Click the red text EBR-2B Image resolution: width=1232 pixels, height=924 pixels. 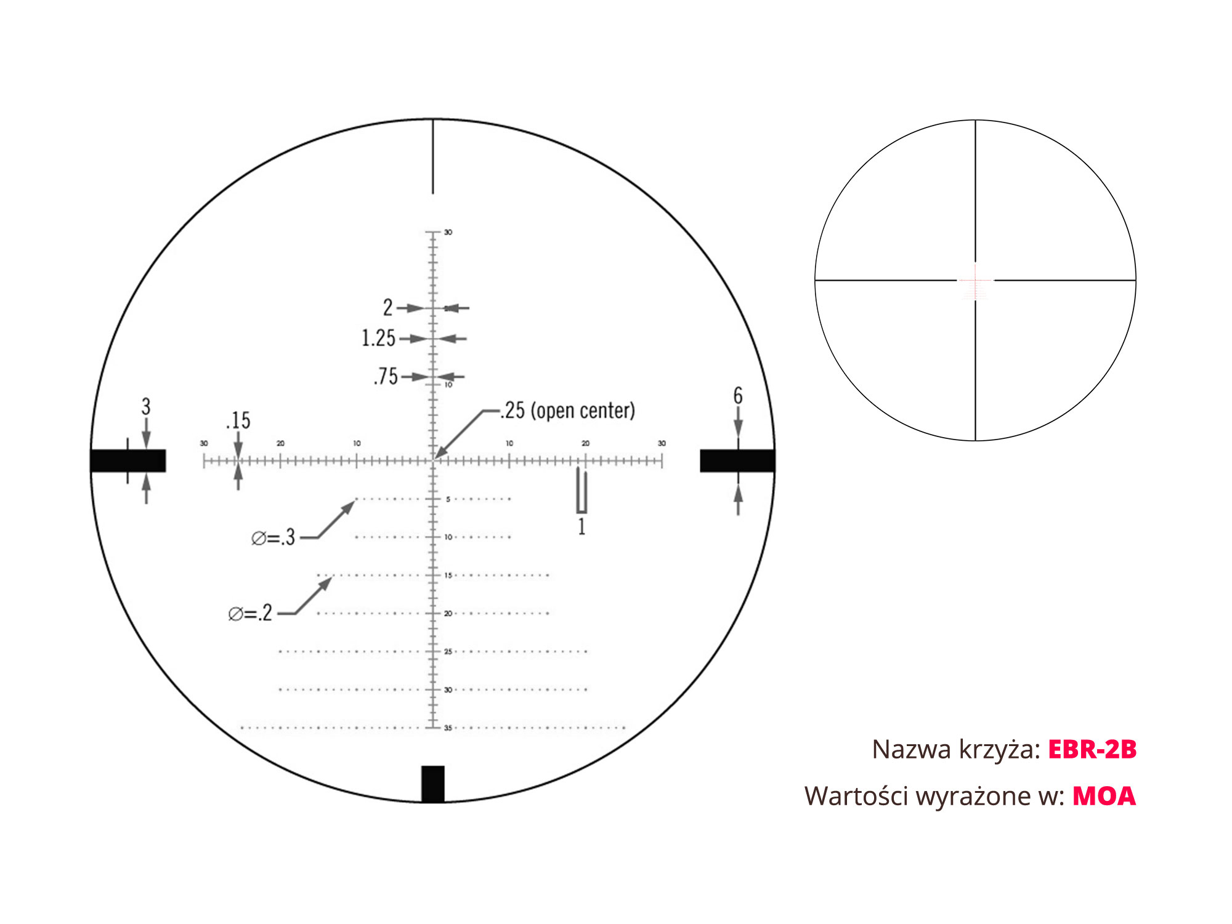point(1092,749)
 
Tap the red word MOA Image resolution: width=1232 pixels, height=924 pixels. point(1104,796)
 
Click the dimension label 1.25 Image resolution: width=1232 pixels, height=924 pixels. point(378,338)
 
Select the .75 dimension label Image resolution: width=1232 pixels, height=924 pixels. point(386,376)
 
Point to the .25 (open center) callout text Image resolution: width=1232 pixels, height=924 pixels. point(567,411)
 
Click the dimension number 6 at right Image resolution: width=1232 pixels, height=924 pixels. point(738,396)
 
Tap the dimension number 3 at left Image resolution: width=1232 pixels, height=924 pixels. point(146,406)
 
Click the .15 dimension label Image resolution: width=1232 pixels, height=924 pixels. point(238,420)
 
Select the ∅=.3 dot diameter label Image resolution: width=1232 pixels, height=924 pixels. point(274,537)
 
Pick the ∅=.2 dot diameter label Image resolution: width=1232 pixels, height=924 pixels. point(250,613)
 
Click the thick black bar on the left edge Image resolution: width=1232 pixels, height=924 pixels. point(128,460)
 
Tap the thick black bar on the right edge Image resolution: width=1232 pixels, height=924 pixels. point(737,460)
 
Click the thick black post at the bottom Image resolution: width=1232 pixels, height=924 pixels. point(432,784)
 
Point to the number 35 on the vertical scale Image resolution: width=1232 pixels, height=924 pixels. point(448,728)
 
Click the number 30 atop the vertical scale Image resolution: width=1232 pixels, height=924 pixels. point(448,233)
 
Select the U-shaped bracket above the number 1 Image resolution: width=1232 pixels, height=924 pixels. point(582,491)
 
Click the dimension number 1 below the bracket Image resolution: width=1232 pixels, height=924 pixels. point(582,527)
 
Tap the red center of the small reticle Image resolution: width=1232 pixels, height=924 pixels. point(975,281)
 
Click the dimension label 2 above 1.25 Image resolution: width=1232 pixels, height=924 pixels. point(387,307)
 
